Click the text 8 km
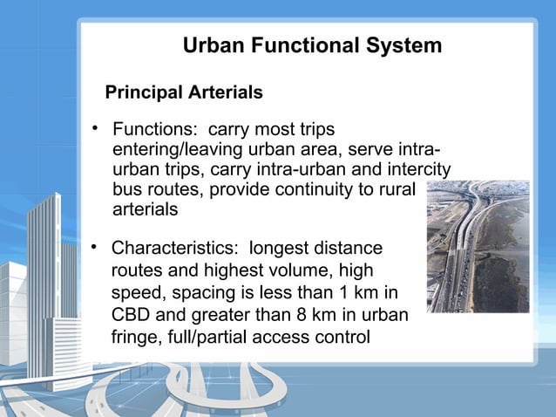click(x=327, y=313)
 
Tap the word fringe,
click(x=137, y=335)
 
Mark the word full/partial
click(x=216, y=335)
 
